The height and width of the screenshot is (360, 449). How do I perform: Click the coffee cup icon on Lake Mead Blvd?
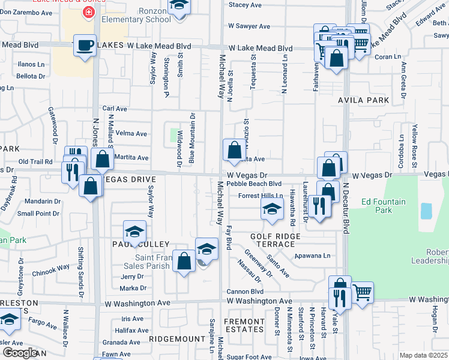point(85,45)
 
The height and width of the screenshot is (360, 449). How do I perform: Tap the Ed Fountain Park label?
point(384,206)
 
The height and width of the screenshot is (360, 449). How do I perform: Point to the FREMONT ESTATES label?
point(244,325)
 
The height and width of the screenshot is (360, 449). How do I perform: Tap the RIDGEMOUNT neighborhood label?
point(177,339)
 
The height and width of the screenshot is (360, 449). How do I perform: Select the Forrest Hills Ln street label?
point(260,196)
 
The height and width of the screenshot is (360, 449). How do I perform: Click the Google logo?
point(19,353)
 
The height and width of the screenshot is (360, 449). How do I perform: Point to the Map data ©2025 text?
point(423,355)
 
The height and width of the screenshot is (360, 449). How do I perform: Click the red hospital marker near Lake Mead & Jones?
point(89,12)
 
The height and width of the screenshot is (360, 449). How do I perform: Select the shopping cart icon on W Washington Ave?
point(363,292)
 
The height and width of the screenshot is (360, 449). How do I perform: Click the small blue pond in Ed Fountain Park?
point(426,211)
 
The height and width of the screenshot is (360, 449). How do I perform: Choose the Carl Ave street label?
point(115,109)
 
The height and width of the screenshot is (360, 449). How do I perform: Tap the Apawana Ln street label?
point(313,256)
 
